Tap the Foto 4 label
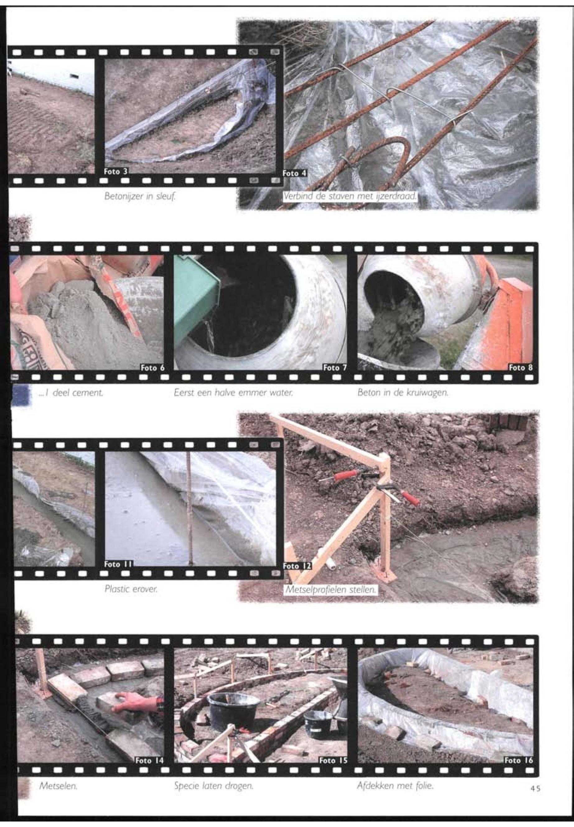point(295,173)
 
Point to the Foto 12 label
point(297,566)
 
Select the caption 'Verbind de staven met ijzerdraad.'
point(350,196)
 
